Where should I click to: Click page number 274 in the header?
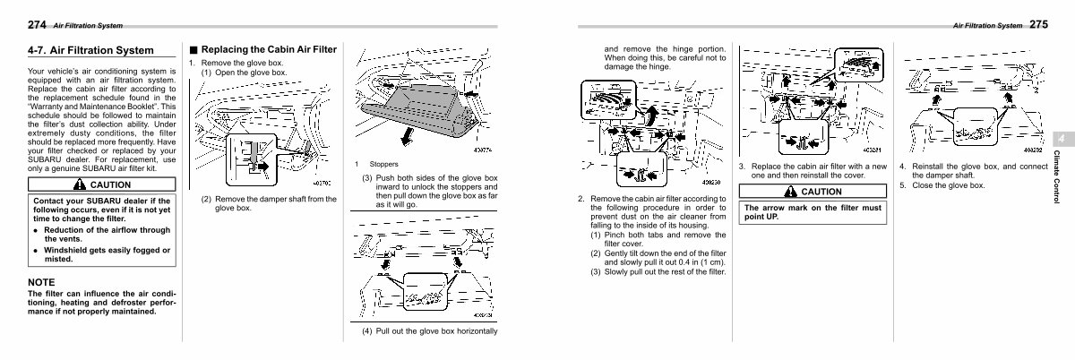coord(37,25)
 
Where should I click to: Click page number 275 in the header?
coord(1038,25)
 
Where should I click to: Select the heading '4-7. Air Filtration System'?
coord(90,51)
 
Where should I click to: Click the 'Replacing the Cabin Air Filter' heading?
coord(269,48)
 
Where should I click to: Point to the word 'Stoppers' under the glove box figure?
coord(385,164)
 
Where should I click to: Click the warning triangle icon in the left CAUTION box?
coord(80,184)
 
